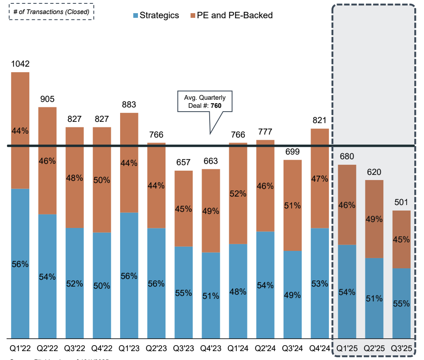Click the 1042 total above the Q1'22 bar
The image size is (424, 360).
[x=20, y=64]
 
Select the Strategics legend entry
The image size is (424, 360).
[x=156, y=15]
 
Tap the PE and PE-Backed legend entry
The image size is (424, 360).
[x=232, y=15]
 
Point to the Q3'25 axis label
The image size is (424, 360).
[x=401, y=349]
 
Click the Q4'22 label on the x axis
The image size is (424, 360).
[x=102, y=349]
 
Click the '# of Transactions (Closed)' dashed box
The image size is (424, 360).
[x=51, y=12]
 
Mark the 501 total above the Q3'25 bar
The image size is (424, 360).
[x=401, y=202]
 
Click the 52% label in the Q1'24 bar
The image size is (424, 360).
[x=238, y=194]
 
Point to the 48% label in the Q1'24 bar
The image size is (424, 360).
[x=238, y=292]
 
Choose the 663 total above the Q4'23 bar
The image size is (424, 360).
[x=211, y=161]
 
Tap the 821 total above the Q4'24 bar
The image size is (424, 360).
[x=320, y=121]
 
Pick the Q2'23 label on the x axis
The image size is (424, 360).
[x=156, y=349]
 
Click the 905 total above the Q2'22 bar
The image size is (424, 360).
[x=48, y=99]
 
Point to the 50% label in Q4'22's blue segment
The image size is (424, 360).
[x=102, y=285]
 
